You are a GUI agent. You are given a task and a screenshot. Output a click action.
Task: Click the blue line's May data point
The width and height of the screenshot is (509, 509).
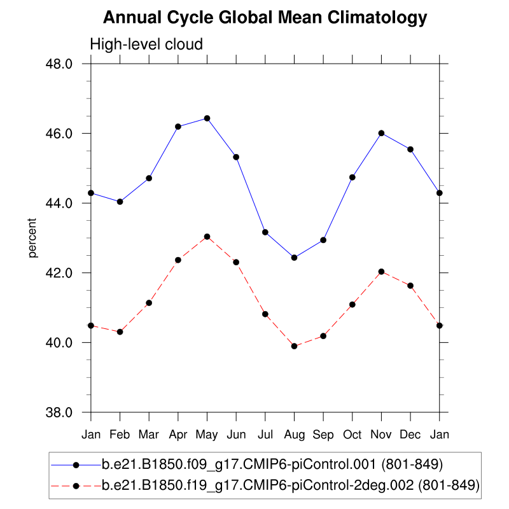click(207, 118)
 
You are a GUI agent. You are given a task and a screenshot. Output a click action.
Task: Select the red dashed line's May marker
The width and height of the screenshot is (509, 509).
click(207, 237)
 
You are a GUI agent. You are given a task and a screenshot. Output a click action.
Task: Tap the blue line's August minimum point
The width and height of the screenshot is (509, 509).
click(294, 258)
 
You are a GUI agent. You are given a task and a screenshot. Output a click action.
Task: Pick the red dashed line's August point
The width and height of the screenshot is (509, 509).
click(294, 346)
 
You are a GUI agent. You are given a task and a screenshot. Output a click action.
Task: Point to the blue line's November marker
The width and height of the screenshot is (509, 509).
click(381, 133)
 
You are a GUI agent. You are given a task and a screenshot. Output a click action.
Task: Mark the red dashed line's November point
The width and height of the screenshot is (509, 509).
click(381, 272)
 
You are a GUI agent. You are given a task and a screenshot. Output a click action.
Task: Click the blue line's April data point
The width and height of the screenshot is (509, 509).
click(178, 127)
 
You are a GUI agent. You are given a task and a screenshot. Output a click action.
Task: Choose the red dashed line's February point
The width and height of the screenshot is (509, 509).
click(120, 331)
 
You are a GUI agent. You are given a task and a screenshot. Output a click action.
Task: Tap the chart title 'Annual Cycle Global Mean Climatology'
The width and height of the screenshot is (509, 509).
click(265, 18)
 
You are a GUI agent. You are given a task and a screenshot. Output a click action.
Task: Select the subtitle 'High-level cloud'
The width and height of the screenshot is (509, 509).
click(146, 45)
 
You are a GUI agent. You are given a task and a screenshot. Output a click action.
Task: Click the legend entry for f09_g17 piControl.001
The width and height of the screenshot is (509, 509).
click(272, 463)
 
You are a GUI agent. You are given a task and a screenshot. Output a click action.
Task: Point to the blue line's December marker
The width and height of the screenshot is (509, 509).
click(410, 150)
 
